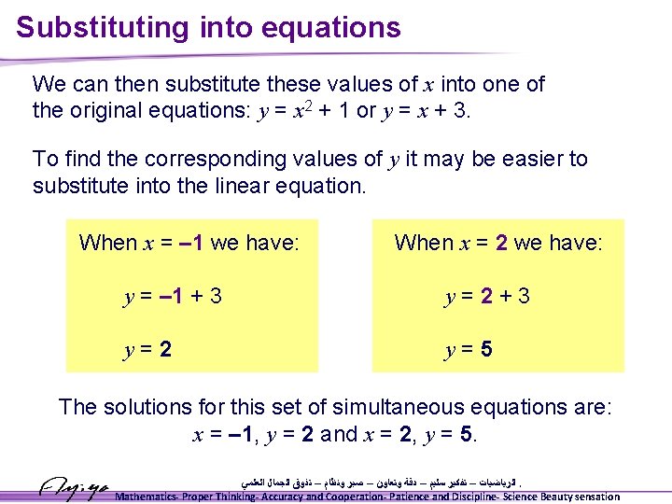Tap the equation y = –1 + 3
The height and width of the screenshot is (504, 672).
pos(173,297)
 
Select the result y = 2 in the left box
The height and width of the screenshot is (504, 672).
pos(147,351)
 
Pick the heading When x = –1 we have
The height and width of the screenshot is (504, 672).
pos(189,243)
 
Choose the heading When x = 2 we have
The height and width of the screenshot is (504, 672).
pos(498,243)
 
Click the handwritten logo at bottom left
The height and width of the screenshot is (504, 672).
pos(74,486)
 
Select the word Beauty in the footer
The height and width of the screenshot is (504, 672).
pos(552,497)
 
